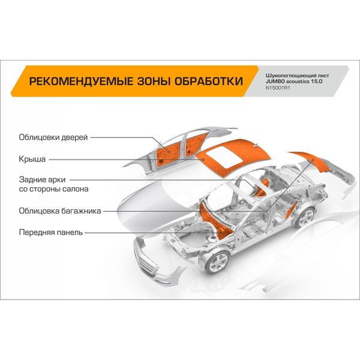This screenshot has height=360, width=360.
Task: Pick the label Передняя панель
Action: [50, 232]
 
